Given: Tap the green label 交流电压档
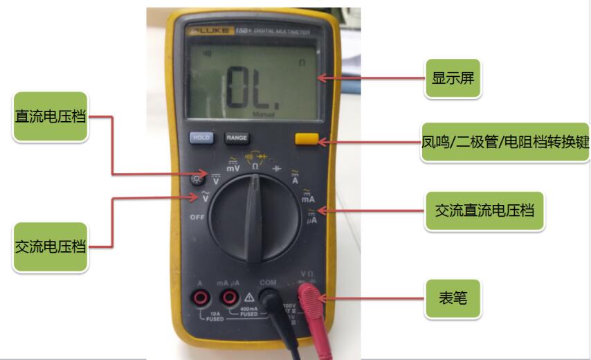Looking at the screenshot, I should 51,246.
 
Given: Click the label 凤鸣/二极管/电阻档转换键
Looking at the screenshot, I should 505,143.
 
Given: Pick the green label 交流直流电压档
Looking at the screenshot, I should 484,210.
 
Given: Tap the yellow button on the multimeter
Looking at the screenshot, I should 306,138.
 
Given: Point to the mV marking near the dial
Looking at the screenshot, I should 233,168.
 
